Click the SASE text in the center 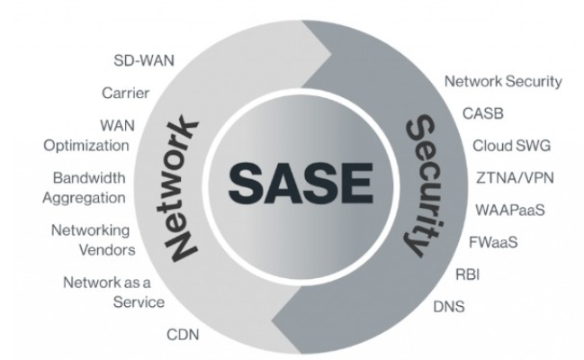coord(292,183)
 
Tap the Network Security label coord(503,81)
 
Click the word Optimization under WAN coord(94,143)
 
